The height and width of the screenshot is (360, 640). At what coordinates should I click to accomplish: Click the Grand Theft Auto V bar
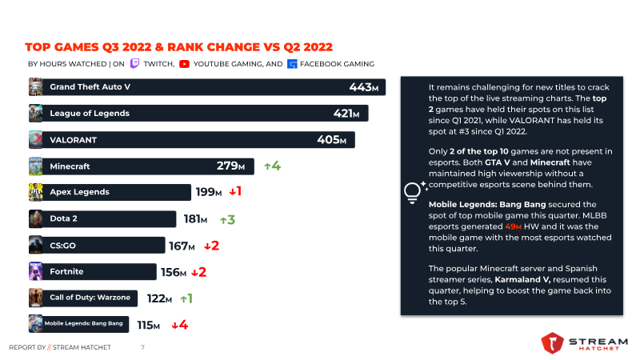pyautogui.click(x=207, y=87)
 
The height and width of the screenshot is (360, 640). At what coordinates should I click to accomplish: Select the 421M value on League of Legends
pyautogui.click(x=346, y=114)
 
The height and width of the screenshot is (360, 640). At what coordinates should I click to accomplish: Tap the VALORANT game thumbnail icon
pyautogui.click(x=35, y=139)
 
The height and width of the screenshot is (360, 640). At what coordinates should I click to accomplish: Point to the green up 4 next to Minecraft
pyautogui.click(x=272, y=166)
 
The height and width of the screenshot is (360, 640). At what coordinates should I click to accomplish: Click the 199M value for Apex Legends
pyautogui.click(x=209, y=192)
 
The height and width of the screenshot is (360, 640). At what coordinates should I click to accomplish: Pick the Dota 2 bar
pyautogui.click(x=102, y=218)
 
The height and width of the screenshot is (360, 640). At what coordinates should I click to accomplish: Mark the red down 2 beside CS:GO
pyautogui.click(x=211, y=246)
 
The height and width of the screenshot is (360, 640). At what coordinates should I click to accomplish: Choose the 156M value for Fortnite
pyautogui.click(x=174, y=272)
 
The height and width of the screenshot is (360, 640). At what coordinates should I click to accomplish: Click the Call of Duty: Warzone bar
pyautogui.click(x=83, y=298)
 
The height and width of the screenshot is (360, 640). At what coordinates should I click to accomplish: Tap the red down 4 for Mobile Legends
pyautogui.click(x=179, y=325)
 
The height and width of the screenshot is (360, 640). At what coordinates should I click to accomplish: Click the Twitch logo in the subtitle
pyautogui.click(x=134, y=64)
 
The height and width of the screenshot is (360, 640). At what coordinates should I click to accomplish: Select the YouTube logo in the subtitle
pyautogui.click(x=184, y=64)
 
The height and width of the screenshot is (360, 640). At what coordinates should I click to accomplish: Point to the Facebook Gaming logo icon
pyautogui.click(x=292, y=64)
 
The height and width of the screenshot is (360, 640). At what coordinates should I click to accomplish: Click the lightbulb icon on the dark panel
pyautogui.click(x=412, y=191)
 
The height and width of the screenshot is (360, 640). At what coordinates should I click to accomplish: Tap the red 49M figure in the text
pyautogui.click(x=513, y=226)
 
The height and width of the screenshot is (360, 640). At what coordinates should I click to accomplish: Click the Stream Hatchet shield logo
pyautogui.click(x=552, y=343)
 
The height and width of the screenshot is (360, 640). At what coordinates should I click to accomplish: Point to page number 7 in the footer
pyautogui.click(x=142, y=347)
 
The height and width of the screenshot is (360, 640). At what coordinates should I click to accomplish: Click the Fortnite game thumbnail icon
pyautogui.click(x=35, y=271)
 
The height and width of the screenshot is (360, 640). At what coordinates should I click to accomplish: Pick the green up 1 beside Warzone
pyautogui.click(x=186, y=298)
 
